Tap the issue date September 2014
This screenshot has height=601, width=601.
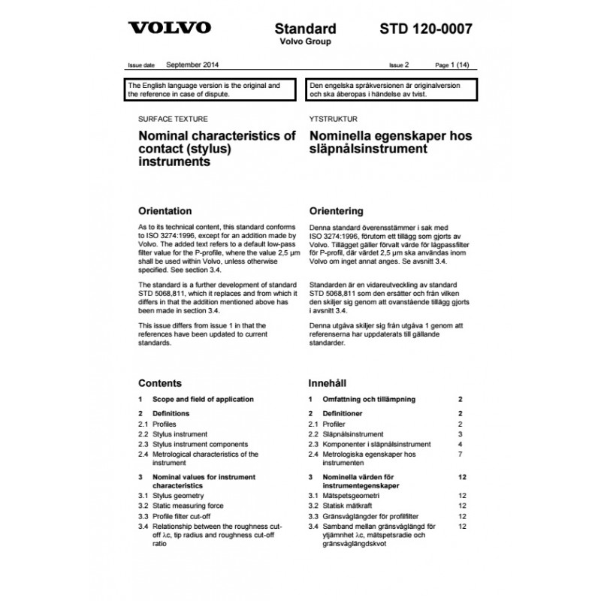(192, 65)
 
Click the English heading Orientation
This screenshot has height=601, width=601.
(171, 210)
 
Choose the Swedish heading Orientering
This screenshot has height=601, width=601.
(336, 210)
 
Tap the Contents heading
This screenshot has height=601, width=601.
(160, 382)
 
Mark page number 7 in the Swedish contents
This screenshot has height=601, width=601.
(460, 455)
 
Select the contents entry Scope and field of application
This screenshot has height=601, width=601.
(203, 399)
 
